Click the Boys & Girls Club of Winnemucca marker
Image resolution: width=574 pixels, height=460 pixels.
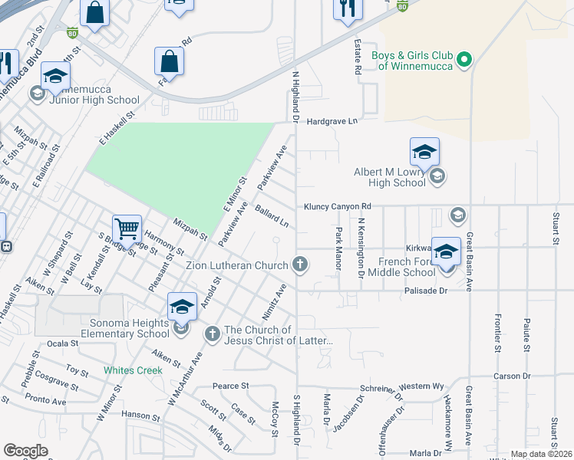tap(463, 59)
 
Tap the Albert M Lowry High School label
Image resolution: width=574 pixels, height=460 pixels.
tap(389, 178)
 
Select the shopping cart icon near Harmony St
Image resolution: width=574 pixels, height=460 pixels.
tap(127, 228)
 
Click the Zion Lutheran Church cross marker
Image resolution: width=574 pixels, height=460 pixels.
tap(300, 265)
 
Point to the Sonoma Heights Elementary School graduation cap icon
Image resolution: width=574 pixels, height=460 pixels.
tap(182, 307)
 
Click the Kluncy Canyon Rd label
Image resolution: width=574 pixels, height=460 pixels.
tap(337, 206)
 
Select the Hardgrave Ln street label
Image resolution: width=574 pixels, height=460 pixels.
tap(332, 121)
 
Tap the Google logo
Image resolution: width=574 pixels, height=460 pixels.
tap(25, 451)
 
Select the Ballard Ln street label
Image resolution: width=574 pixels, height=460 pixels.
tap(272, 216)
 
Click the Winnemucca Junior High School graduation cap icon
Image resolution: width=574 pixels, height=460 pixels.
tap(56, 76)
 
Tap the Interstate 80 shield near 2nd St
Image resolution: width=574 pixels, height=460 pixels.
tap(71, 33)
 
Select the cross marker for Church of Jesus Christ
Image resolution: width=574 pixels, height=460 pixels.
tap(212, 334)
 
